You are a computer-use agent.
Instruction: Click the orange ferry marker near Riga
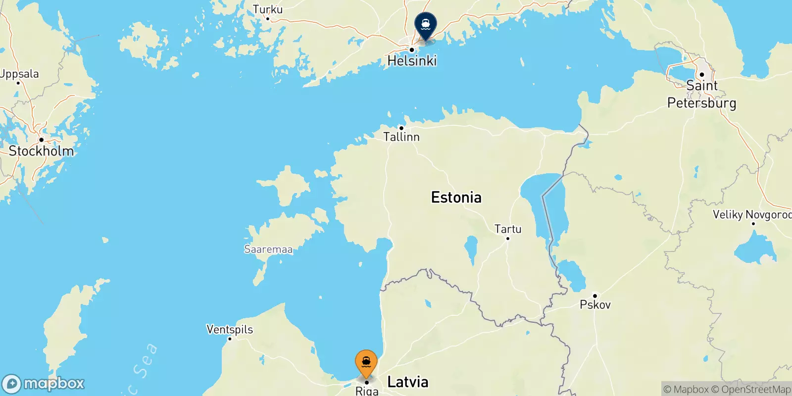[x=366, y=363]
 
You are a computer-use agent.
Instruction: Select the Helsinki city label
[x=412, y=61]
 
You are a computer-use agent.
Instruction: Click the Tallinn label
[x=401, y=137]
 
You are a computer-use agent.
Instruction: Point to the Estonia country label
[x=456, y=198]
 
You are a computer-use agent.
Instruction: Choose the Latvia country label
[x=408, y=382]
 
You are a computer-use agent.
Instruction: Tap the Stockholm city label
[x=42, y=151]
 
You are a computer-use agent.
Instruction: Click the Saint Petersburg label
[x=701, y=94]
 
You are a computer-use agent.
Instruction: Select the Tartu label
[x=508, y=229]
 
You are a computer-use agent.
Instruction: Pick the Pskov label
[x=595, y=304]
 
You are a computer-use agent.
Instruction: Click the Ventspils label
[x=230, y=329]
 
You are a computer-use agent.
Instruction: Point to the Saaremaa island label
[x=268, y=249]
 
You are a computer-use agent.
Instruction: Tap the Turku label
[x=268, y=9]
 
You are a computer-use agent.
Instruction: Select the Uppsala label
[x=19, y=74]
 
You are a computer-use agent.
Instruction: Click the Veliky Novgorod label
[x=752, y=214]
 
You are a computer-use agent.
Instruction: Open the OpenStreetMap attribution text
[x=751, y=390]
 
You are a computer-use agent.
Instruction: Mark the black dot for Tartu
[x=507, y=239]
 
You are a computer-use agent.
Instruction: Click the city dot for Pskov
[x=595, y=296]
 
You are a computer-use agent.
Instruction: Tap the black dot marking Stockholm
[x=42, y=140]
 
